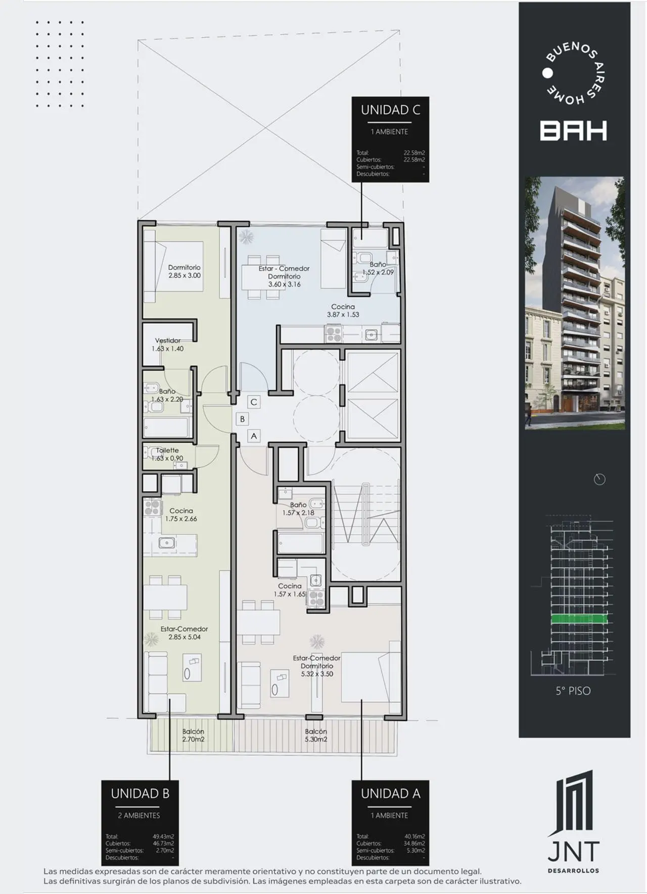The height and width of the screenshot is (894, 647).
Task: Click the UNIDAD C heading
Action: (390, 110)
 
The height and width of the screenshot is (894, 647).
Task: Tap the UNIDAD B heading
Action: (140, 794)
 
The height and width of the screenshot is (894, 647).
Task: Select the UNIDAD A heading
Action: (390, 794)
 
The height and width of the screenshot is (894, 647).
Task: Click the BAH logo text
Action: (573, 131)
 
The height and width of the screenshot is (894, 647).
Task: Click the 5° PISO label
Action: (573, 691)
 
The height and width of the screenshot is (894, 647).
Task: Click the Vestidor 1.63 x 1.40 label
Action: (167, 345)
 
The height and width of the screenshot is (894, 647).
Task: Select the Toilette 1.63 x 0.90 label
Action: (167, 454)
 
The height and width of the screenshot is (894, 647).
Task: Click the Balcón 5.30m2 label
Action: (316, 735)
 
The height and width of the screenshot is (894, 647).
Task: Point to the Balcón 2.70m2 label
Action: (193, 735)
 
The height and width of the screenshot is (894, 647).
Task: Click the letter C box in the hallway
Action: (254, 402)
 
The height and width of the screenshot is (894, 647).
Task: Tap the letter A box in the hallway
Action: (254, 436)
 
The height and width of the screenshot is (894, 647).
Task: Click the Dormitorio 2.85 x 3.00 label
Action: (184, 272)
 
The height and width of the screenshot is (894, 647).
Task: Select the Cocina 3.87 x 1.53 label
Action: (343, 310)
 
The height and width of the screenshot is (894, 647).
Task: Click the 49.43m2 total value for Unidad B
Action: (163, 836)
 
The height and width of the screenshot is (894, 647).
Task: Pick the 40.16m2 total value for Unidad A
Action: (414, 836)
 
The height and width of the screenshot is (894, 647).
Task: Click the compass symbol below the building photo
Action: (599, 479)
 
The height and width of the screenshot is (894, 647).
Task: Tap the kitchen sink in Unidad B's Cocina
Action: (167, 543)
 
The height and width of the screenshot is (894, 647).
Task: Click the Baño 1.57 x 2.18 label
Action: (298, 508)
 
